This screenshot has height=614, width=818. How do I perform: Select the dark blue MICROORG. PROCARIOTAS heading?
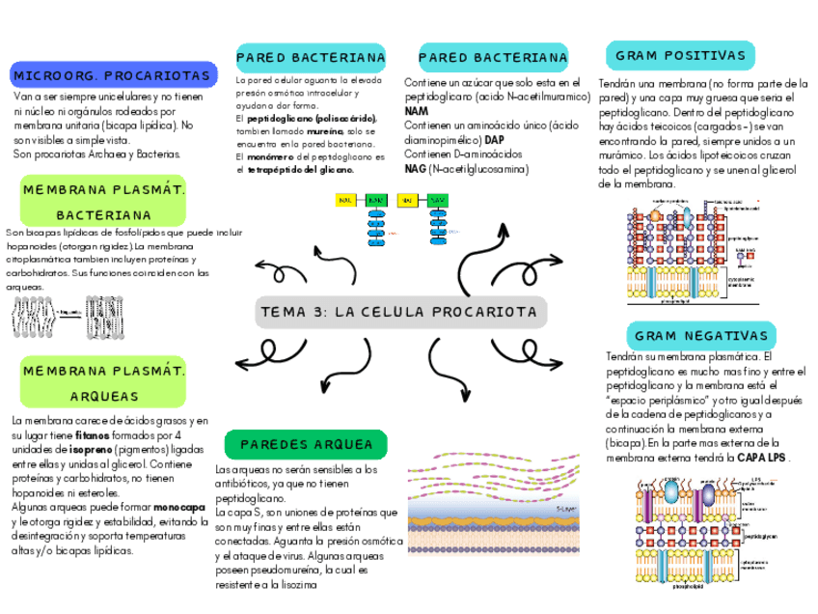111,74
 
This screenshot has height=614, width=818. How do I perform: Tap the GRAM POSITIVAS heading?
679,55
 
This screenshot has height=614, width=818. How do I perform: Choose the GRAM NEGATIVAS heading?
701,336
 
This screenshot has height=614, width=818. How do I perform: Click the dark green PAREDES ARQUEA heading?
306,444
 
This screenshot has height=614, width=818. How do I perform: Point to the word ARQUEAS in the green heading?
104,397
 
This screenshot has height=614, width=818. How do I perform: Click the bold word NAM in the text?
417,112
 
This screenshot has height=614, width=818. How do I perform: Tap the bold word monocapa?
178,507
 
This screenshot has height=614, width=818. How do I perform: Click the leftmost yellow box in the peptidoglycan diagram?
344,201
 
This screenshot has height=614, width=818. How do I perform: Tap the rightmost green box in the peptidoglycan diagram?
437,201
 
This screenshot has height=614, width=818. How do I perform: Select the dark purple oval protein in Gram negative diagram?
707,496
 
